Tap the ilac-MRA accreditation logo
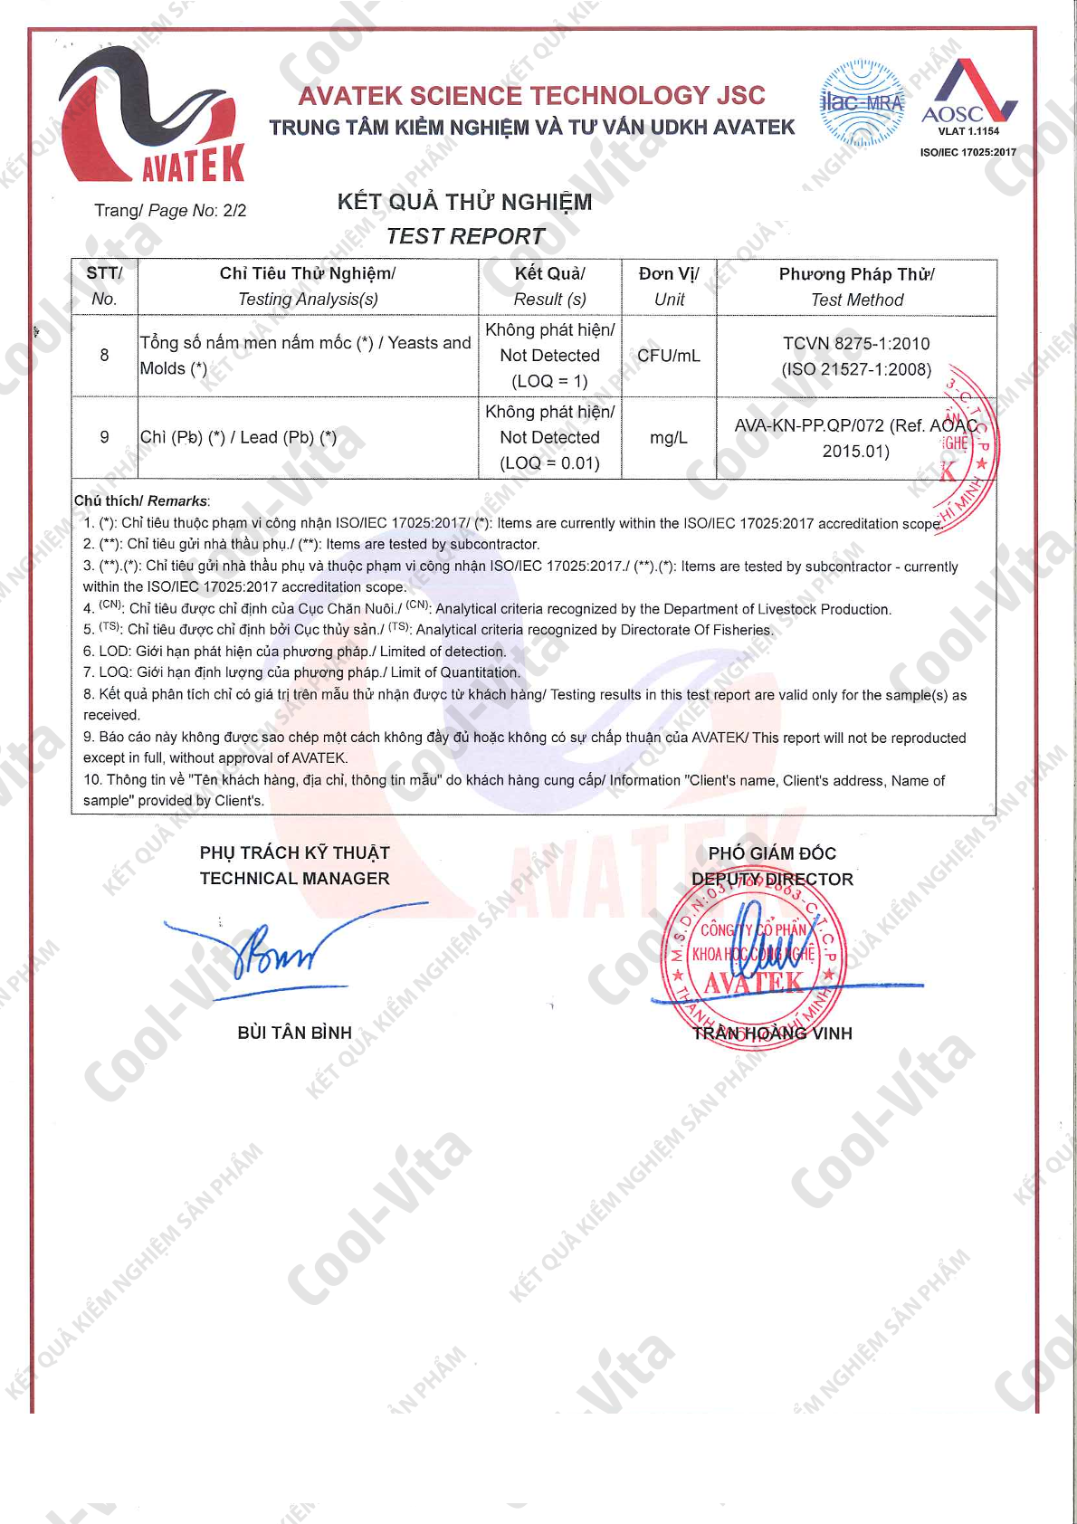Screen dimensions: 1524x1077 click(x=862, y=103)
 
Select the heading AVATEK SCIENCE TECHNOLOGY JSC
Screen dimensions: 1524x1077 click(x=532, y=95)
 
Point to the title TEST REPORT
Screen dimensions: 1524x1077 click(x=465, y=236)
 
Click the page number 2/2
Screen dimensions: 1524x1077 click(x=234, y=211)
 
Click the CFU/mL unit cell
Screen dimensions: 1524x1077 click(x=669, y=356)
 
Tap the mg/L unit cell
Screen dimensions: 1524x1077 click(x=669, y=438)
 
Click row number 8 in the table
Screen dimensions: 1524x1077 click(x=104, y=356)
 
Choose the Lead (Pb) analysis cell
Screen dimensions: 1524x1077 click(x=239, y=438)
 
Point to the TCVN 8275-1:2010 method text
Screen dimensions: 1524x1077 click(x=856, y=344)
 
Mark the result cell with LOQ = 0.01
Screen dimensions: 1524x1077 click(x=549, y=438)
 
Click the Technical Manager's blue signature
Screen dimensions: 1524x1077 click(x=281, y=950)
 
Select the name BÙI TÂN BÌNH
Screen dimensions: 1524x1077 click(x=294, y=1033)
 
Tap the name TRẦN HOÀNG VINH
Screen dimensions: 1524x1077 click(x=772, y=1033)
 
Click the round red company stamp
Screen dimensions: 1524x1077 click(x=753, y=959)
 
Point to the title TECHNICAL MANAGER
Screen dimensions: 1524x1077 click(x=294, y=879)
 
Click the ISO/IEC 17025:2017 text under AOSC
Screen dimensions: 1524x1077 click(x=967, y=152)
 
